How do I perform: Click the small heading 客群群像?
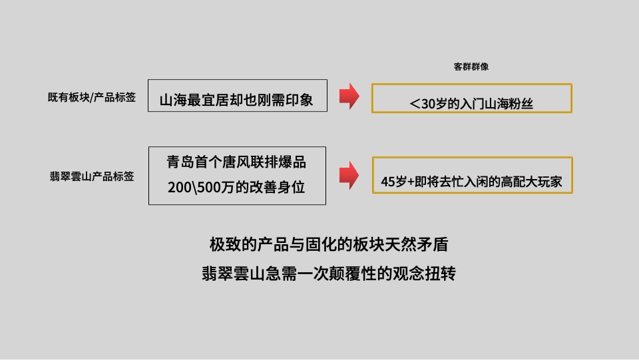(472, 67)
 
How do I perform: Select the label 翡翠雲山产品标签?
(92, 176)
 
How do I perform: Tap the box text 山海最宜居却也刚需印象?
(236, 100)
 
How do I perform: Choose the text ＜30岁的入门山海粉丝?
(471, 104)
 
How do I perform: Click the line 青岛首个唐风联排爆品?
(236, 162)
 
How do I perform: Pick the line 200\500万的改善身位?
(236, 187)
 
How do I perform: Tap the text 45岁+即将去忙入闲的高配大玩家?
(472, 181)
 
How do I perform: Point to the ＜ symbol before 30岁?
(415, 104)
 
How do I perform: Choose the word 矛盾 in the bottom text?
(434, 244)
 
